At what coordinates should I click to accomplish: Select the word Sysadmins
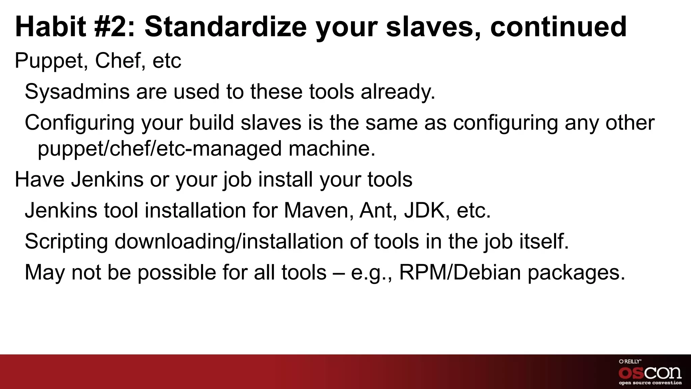77,92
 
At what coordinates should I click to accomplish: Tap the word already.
398,92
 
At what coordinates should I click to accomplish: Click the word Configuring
79,123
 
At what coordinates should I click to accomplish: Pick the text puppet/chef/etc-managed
159,149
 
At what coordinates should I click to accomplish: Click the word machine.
332,149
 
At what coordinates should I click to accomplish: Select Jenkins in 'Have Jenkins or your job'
107,179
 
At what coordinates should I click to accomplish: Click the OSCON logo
650,372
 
